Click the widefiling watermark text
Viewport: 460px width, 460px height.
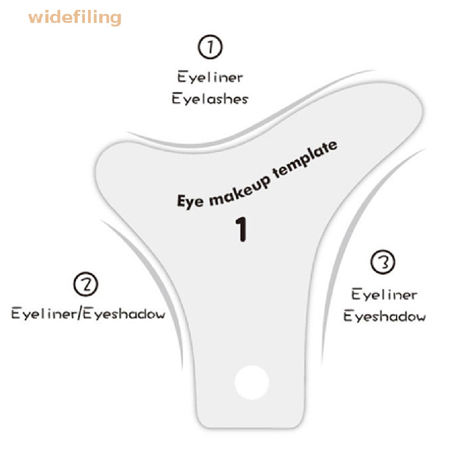(75, 18)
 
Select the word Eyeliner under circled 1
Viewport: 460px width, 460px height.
(210, 77)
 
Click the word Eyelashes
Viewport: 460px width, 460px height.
(210, 98)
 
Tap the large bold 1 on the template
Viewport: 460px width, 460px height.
(242, 230)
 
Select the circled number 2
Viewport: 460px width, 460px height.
(85, 285)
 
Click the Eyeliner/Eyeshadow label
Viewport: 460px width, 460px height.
(88, 313)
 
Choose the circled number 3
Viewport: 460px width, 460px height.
(383, 263)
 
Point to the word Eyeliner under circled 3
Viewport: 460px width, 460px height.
(384, 295)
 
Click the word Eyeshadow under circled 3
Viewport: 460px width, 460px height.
(385, 316)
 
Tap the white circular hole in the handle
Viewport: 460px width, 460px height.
(252, 382)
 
